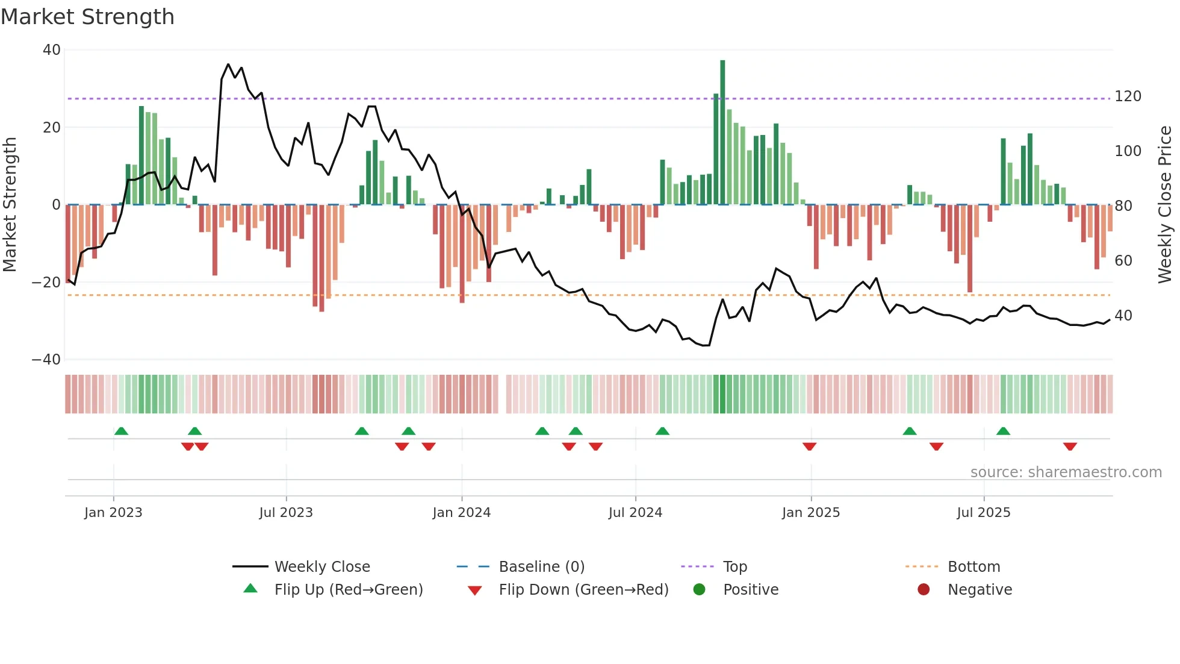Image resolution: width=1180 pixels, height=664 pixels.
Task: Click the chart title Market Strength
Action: (88, 17)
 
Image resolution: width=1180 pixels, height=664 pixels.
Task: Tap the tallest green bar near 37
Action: (722, 133)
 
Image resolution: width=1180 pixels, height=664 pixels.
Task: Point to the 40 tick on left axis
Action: (52, 50)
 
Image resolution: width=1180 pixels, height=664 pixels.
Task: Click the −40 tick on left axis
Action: (46, 360)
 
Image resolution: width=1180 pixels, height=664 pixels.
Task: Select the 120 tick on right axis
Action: (1128, 96)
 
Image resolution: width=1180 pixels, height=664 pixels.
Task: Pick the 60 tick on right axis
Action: (1123, 261)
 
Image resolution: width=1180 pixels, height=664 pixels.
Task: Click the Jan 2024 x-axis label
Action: (461, 513)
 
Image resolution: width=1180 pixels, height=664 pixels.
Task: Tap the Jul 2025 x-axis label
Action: (983, 513)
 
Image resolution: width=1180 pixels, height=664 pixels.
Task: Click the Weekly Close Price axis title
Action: (1165, 205)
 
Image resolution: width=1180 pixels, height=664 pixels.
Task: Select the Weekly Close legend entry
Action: (321, 567)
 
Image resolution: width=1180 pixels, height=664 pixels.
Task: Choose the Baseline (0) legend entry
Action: (541, 567)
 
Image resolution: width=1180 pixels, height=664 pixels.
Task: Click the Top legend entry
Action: (734, 567)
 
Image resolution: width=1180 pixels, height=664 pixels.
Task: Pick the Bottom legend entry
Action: (973, 567)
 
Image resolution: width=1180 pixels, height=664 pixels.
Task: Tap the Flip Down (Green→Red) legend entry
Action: (583, 590)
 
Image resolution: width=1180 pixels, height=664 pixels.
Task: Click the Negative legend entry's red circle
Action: (924, 590)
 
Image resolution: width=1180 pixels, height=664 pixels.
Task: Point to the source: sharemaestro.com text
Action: (1066, 472)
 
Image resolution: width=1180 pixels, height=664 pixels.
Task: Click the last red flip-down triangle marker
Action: (1070, 446)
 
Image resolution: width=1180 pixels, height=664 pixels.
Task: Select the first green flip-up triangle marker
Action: (121, 431)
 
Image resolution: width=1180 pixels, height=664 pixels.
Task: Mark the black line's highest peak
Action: (228, 64)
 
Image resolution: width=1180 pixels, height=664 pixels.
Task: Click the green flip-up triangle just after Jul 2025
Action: (1003, 431)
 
